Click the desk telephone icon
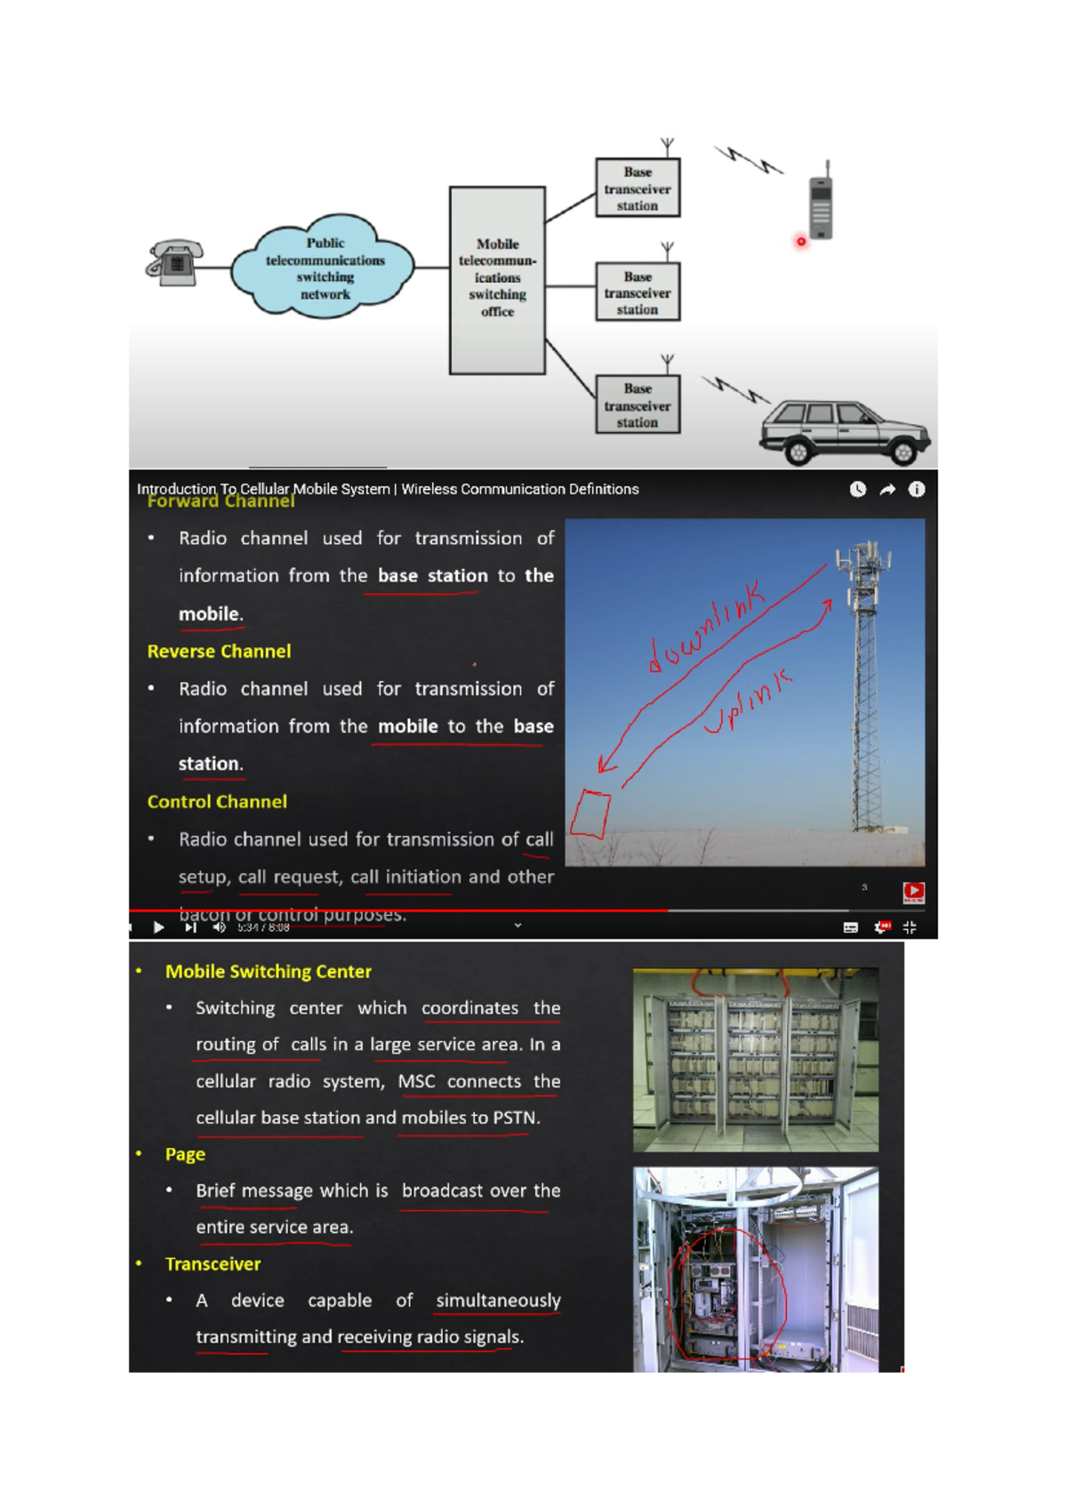175,262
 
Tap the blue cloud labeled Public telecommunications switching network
324,268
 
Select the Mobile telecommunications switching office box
497,280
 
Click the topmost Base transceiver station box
638,188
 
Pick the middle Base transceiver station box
638,293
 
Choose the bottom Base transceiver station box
638,405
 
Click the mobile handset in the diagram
822,205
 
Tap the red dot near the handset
801,241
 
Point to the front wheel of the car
903,453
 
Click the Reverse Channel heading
219,651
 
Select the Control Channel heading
217,801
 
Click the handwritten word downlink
706,627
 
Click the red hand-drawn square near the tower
590,814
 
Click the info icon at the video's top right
917,489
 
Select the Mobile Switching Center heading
268,971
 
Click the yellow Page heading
185,1154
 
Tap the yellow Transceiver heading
213,1263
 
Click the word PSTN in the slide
515,1118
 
